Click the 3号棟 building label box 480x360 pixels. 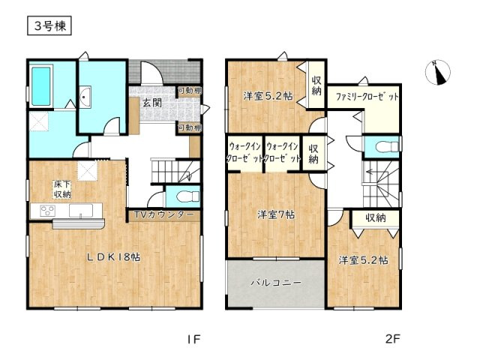click(x=49, y=25)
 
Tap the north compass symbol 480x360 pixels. click(x=438, y=73)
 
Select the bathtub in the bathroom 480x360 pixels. click(x=41, y=86)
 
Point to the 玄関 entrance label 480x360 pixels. click(x=152, y=103)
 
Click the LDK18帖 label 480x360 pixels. click(x=113, y=257)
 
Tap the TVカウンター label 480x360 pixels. click(x=163, y=214)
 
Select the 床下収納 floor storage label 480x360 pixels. click(x=62, y=189)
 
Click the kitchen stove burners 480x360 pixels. click(x=48, y=211)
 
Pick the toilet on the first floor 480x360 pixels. click(x=187, y=196)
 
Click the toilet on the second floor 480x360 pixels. click(x=387, y=146)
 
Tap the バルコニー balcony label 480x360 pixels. click(x=276, y=283)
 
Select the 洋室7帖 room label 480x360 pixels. click(x=276, y=214)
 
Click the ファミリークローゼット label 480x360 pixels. click(x=367, y=97)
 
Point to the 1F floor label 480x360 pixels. click(x=193, y=339)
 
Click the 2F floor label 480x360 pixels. click(x=392, y=339)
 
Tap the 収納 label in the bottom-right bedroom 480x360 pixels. click(x=376, y=218)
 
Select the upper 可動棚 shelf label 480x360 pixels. click(x=190, y=91)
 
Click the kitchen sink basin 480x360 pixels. click(x=81, y=211)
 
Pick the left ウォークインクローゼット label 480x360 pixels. click(x=245, y=153)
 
